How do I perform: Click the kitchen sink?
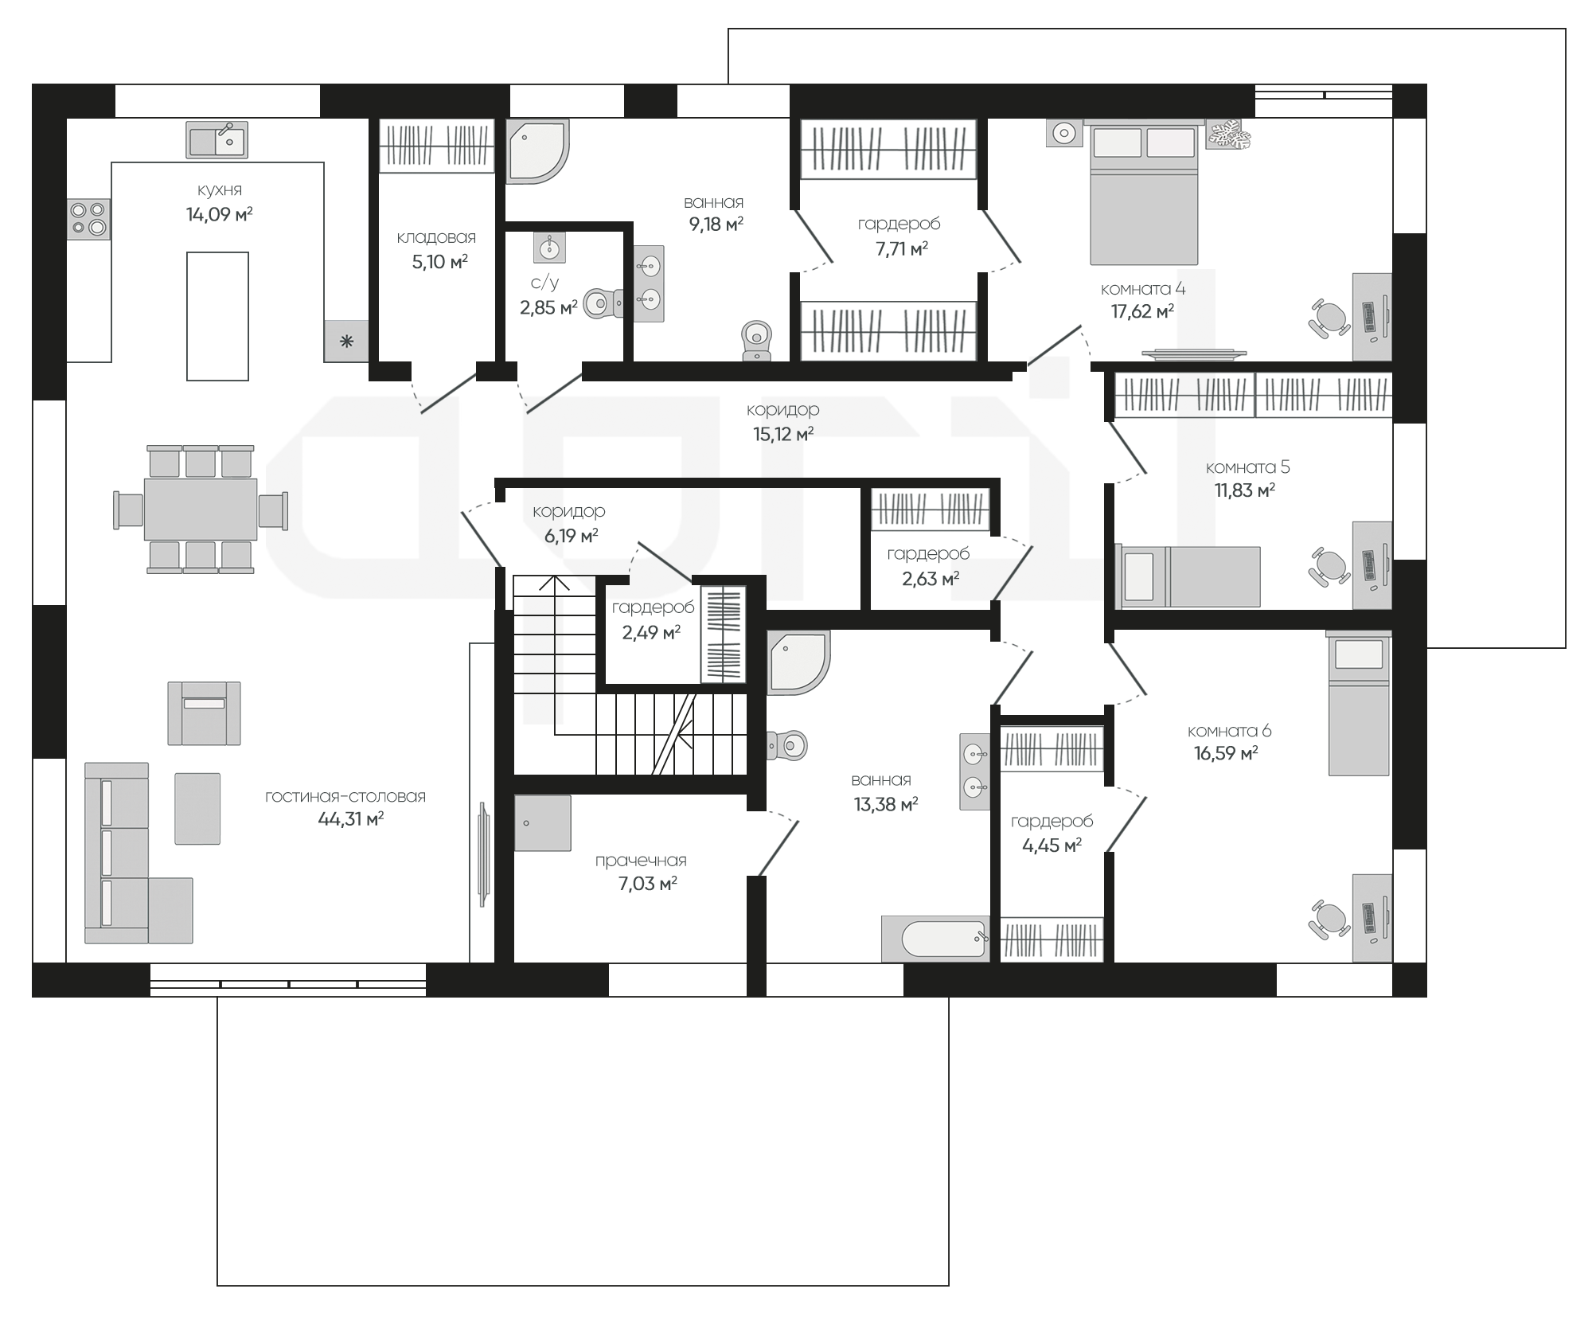point(217,140)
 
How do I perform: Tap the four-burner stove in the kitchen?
point(88,219)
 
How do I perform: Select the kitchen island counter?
point(217,316)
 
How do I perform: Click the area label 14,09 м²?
point(220,214)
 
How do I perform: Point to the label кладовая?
point(436,237)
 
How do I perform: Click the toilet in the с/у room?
point(603,303)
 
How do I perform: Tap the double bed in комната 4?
point(1144,193)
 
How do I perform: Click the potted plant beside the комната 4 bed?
point(1227,134)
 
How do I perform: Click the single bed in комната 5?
point(1188,576)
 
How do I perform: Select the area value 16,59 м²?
point(1226,753)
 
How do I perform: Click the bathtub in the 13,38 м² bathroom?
point(935,939)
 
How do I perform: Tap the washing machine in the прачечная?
point(543,823)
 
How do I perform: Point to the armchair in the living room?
point(204,713)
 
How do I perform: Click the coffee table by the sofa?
point(197,808)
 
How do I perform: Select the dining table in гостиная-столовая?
point(201,509)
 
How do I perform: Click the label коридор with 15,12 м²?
point(782,410)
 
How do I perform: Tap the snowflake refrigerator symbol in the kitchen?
point(346,342)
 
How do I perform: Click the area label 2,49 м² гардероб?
point(651,633)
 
